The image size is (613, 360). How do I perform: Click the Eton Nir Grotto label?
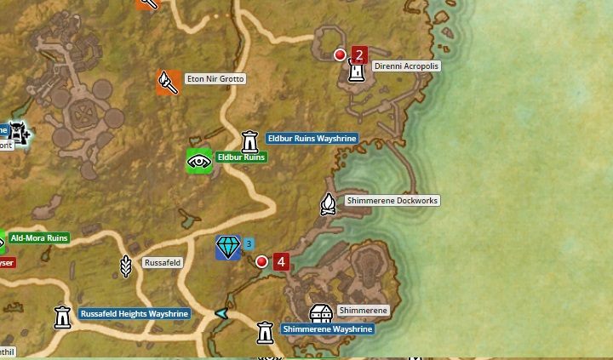pyautogui.click(x=215, y=79)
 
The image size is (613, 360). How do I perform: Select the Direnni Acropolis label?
pyautogui.click(x=406, y=66)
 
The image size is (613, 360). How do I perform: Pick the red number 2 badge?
pyautogui.click(x=358, y=56)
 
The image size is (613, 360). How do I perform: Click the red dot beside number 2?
pyautogui.click(x=341, y=55)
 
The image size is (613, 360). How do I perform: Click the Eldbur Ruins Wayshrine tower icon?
pyautogui.click(x=249, y=140)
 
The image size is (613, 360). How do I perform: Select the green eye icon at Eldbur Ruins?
pyautogui.click(x=199, y=160)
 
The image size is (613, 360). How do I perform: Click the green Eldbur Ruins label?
pyautogui.click(x=241, y=157)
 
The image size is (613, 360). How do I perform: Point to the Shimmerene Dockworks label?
pyautogui.click(x=392, y=201)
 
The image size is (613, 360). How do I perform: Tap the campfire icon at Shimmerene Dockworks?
pyautogui.click(x=328, y=203)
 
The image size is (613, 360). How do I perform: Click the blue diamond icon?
pyautogui.click(x=228, y=248)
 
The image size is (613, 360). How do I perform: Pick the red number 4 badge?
pyautogui.click(x=281, y=261)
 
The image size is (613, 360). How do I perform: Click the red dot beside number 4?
pyautogui.click(x=262, y=261)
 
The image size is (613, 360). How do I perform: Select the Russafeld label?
pyautogui.click(x=162, y=263)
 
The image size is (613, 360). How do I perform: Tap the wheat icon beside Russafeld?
pyautogui.click(x=126, y=266)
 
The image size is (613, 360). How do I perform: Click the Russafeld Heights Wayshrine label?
pyautogui.click(x=135, y=314)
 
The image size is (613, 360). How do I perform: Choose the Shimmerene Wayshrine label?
pyautogui.click(x=327, y=329)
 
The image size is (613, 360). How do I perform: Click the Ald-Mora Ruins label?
pyautogui.click(x=39, y=238)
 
